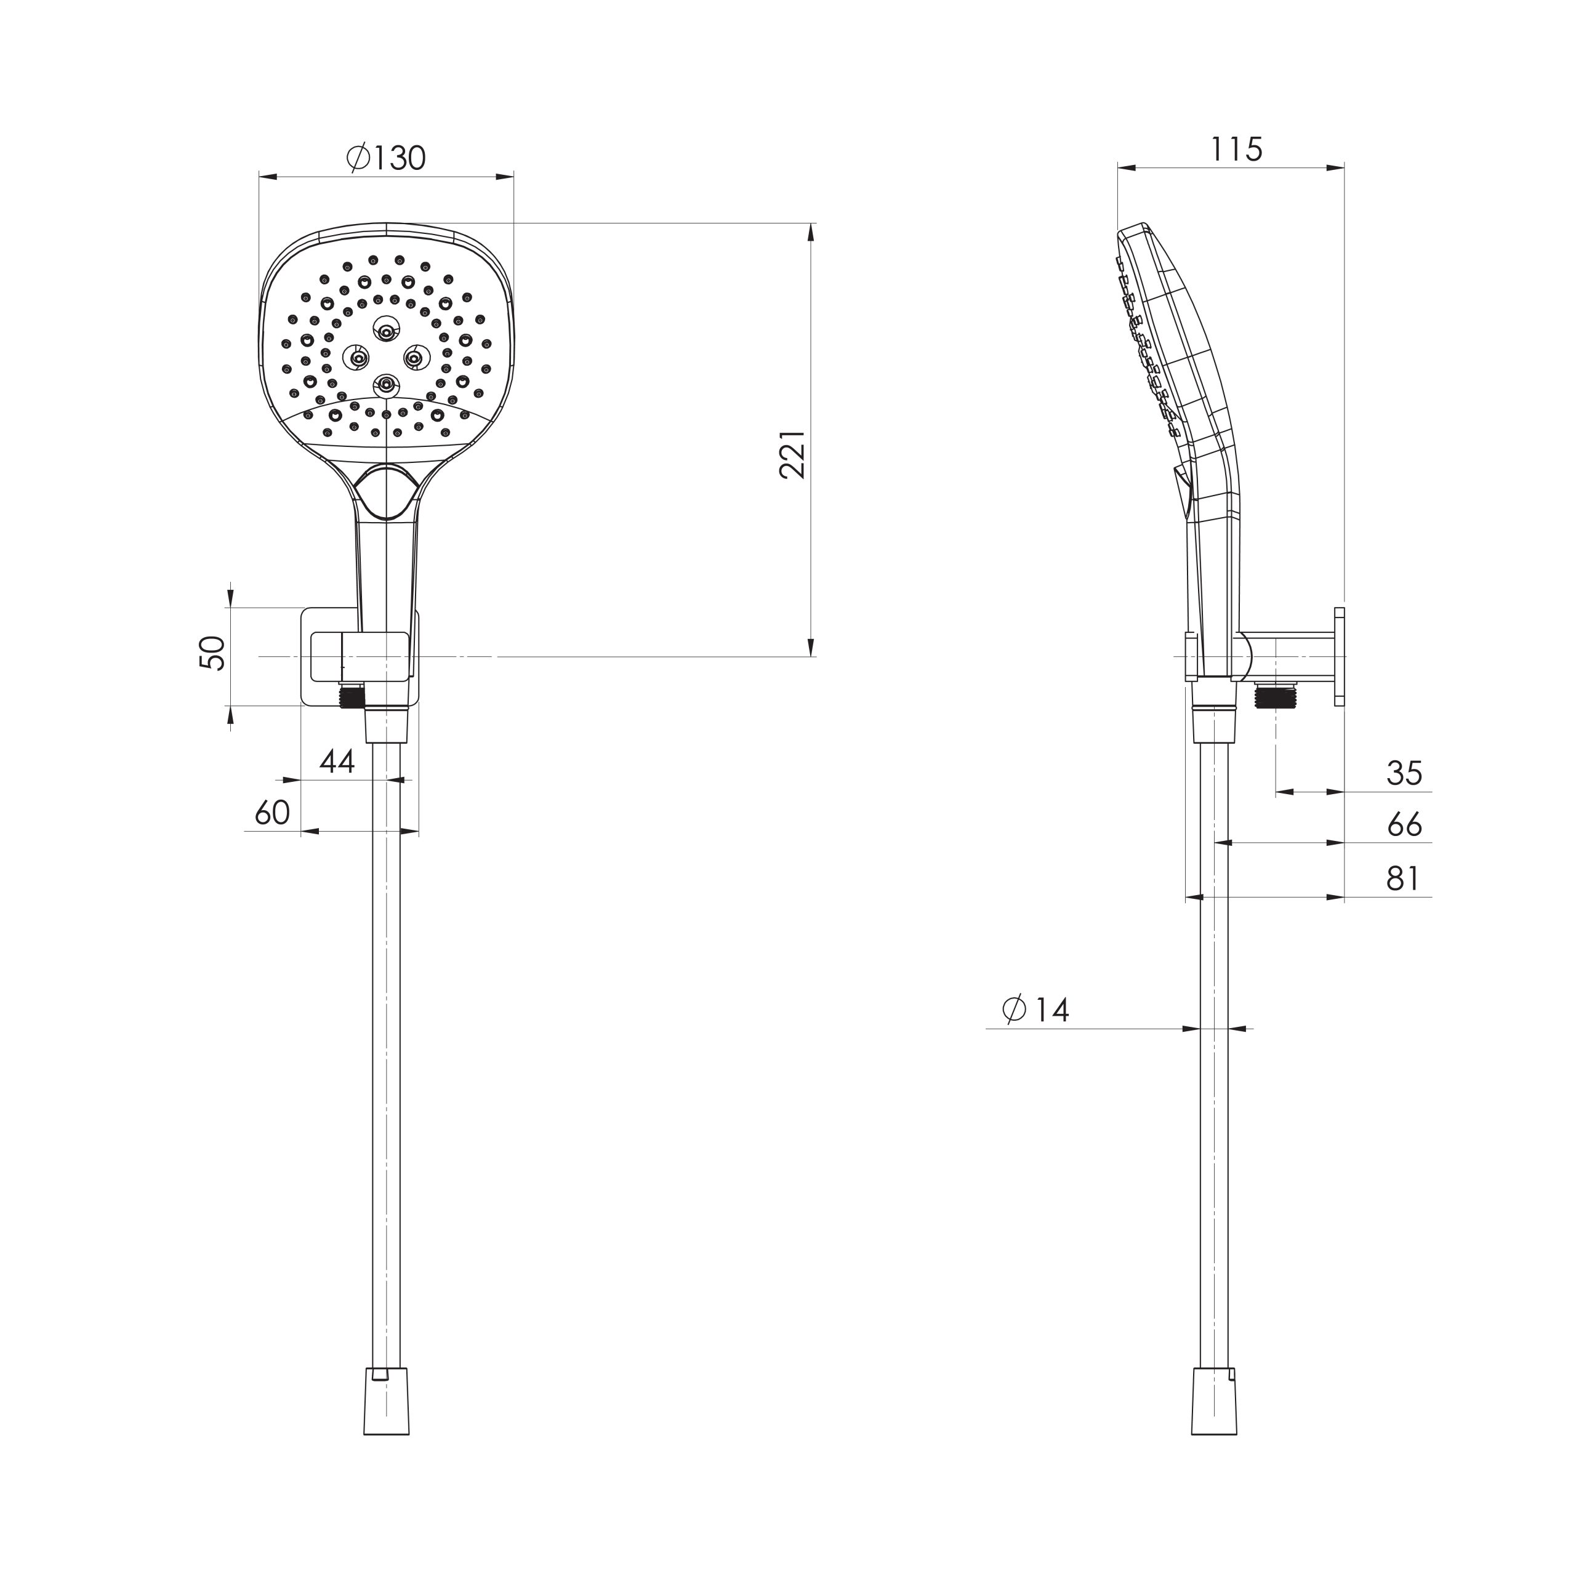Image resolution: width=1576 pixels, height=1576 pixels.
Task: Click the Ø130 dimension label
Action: (x=386, y=158)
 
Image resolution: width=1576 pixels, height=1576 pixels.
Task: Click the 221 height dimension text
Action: (x=792, y=454)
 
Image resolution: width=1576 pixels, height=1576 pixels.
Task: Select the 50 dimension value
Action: (x=212, y=653)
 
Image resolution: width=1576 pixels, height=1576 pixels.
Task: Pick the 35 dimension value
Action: (x=1404, y=773)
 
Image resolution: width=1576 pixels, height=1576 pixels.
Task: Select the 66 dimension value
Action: (x=1404, y=825)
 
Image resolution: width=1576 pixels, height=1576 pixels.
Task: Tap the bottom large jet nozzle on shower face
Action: (x=386, y=384)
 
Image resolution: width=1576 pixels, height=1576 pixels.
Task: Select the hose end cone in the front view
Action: (x=386, y=1410)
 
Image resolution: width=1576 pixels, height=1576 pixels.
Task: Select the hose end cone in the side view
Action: (x=1214, y=1410)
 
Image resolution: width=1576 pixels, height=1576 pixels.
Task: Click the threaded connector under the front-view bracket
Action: (x=351, y=696)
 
